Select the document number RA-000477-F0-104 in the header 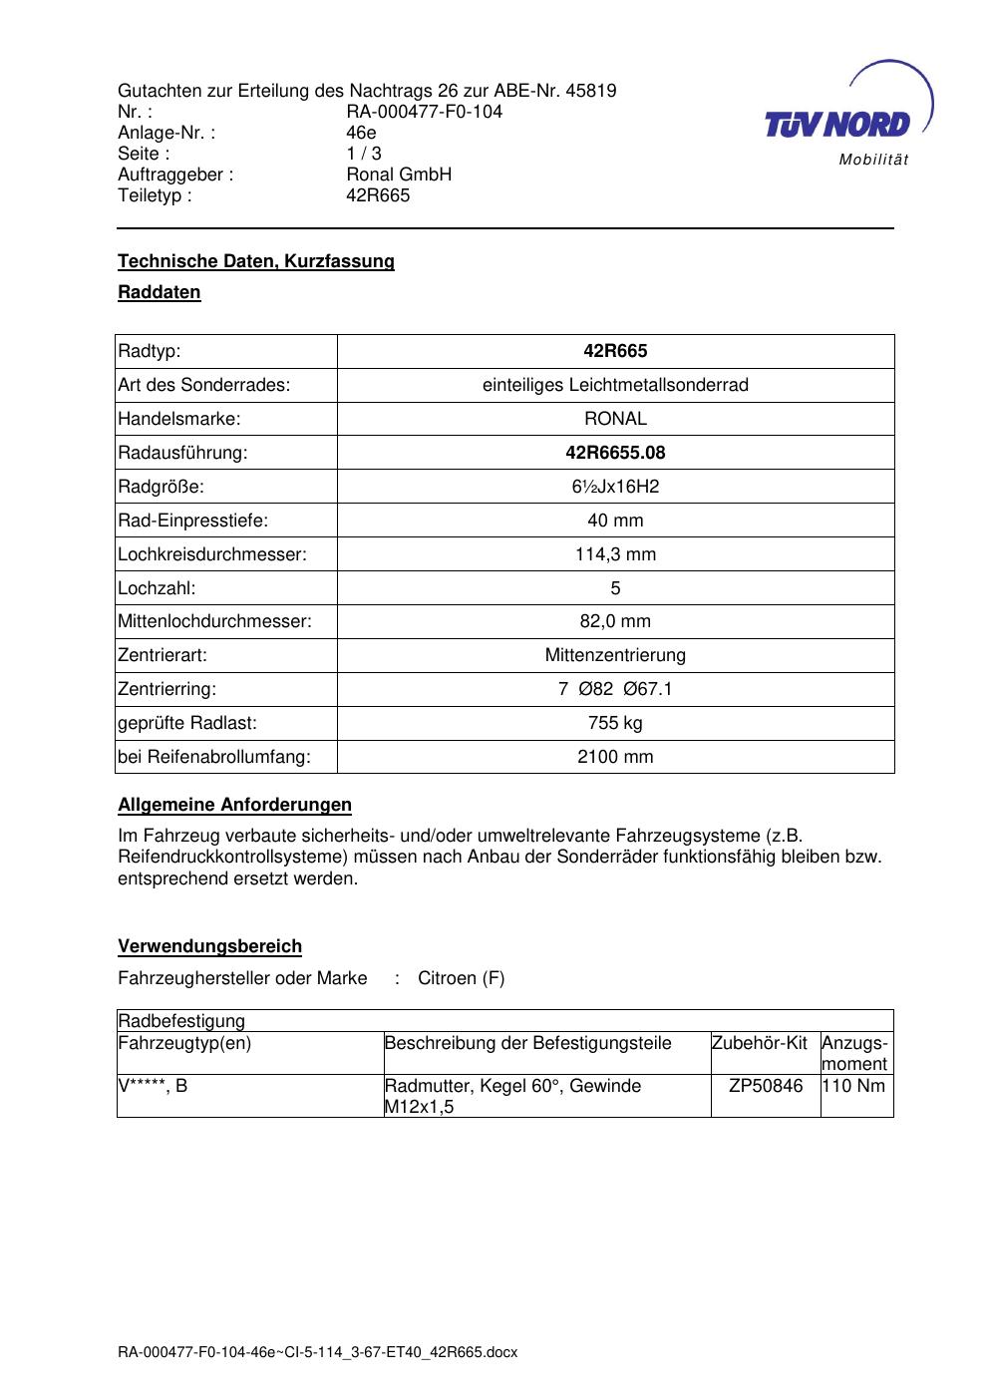pos(424,112)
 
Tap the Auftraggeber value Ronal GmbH pos(399,175)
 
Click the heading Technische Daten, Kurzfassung pos(256,261)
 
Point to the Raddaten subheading pos(160,293)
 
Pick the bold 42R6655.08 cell pos(615,453)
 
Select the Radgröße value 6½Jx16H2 pos(615,487)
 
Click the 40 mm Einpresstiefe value pos(615,521)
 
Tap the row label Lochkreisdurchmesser pos(212,554)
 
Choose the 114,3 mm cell pos(615,554)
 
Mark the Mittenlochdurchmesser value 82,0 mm pos(615,621)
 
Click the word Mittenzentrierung pos(615,655)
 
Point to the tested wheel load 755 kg pos(615,723)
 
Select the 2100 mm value pos(615,757)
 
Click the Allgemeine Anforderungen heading pos(234,805)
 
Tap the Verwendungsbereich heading pos(209,946)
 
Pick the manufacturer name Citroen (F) pos(461,978)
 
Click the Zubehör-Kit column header pos(759,1044)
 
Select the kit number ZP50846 pos(766,1086)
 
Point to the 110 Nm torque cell pos(854,1086)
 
